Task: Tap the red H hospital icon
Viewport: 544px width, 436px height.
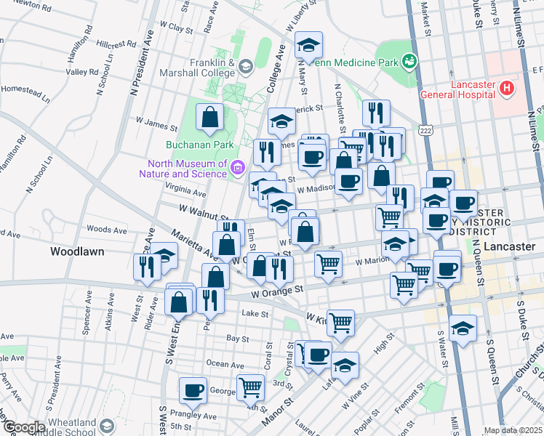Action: click(x=507, y=89)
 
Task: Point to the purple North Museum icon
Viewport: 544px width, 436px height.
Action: click(x=236, y=169)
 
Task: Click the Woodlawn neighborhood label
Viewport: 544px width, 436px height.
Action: click(x=77, y=251)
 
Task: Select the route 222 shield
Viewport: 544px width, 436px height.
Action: click(x=425, y=129)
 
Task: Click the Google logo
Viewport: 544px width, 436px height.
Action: click(x=23, y=427)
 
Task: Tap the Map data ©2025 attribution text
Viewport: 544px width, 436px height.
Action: click(x=513, y=430)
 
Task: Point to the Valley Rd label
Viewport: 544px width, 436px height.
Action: click(x=82, y=72)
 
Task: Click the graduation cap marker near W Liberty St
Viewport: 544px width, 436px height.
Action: click(x=309, y=47)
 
